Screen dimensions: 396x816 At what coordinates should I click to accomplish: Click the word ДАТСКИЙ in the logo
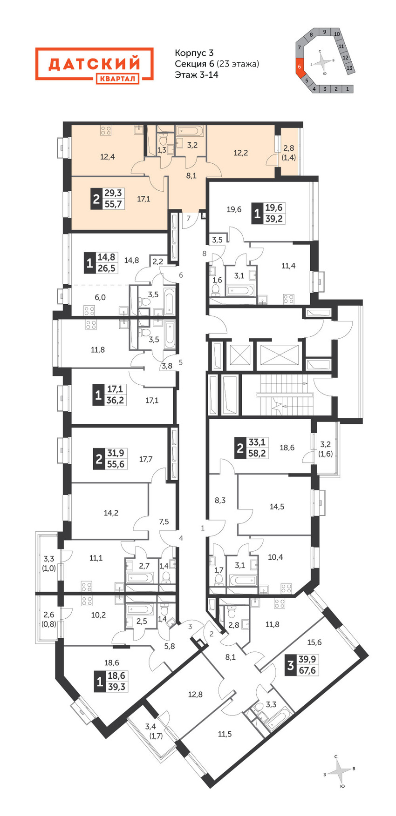pos(95,64)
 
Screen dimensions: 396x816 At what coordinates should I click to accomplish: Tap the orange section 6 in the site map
pos(300,67)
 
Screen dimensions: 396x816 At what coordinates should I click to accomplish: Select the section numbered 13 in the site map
pos(349,68)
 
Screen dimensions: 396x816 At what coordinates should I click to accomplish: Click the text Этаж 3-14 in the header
pos(197,74)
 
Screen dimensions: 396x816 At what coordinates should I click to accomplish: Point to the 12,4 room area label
pos(108,157)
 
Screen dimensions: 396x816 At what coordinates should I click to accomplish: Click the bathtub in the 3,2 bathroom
pos(191,130)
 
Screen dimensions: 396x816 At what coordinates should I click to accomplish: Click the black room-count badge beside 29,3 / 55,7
pos(96,199)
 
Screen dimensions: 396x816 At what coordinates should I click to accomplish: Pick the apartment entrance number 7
pos(189,218)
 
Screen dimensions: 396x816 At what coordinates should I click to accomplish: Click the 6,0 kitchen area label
pos(100,297)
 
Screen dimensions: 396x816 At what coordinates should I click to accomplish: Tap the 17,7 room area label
pos(146,459)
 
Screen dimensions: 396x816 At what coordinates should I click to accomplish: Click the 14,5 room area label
pos(277,507)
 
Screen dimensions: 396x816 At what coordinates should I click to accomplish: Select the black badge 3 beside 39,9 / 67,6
pos(291,665)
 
